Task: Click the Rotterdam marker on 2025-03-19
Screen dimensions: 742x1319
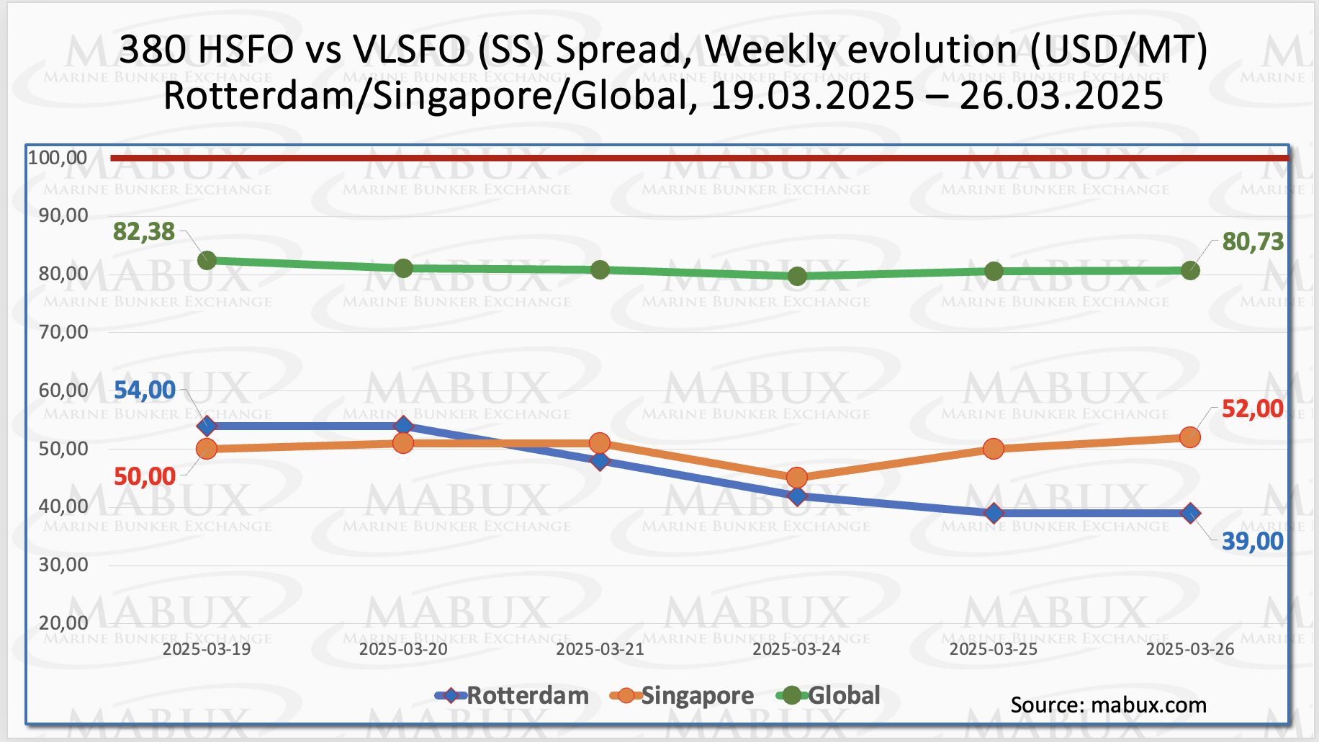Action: tap(207, 426)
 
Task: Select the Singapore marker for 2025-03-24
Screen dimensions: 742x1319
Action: tap(796, 478)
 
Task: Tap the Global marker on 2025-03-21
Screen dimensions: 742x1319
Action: tap(600, 270)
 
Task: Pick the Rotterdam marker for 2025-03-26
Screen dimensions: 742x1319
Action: tap(1190, 514)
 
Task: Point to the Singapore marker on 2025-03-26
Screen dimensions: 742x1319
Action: tap(1190, 437)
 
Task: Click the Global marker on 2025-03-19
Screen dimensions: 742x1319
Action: tap(207, 261)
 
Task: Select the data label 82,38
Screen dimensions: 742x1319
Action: tap(144, 232)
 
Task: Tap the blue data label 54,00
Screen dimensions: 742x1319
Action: tap(145, 390)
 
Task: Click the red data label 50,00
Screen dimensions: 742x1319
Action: tap(145, 477)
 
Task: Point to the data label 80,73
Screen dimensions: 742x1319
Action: tap(1253, 242)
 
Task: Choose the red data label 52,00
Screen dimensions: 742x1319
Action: tap(1253, 409)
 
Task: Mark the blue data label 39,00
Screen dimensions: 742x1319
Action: tap(1253, 542)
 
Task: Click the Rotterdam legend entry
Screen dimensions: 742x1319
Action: tap(513, 696)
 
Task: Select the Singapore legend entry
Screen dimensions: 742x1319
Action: tap(683, 696)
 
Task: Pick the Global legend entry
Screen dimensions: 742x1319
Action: tap(829, 696)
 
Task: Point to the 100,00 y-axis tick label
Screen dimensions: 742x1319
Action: tap(58, 158)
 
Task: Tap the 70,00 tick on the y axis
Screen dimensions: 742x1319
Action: tap(63, 332)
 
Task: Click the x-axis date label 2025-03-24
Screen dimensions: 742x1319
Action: tap(796, 650)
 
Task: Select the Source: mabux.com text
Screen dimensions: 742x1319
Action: tap(1108, 705)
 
